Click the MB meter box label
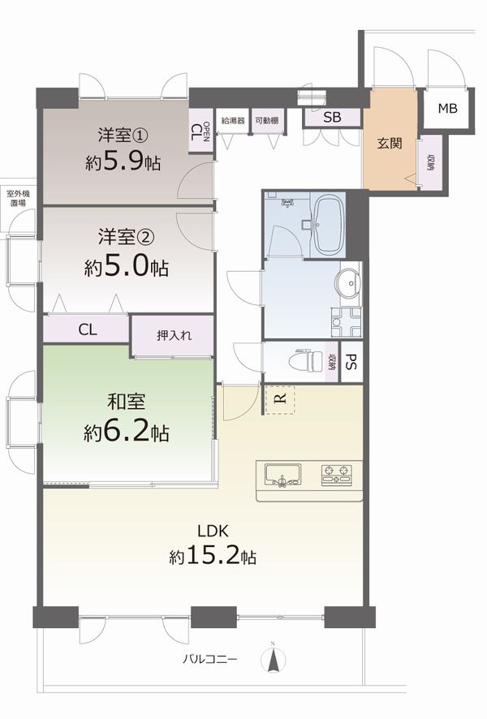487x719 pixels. [447, 108]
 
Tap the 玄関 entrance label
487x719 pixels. [390, 143]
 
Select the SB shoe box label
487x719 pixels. [332, 118]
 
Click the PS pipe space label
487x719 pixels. [351, 362]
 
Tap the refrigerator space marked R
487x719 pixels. [280, 399]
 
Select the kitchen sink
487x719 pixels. [282, 475]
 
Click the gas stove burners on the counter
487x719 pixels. [337, 475]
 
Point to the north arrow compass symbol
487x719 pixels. [274, 659]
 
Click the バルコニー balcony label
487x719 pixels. [210, 660]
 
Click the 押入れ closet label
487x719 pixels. [175, 335]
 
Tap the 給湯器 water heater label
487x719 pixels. [232, 121]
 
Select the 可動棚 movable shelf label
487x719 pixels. [267, 121]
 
